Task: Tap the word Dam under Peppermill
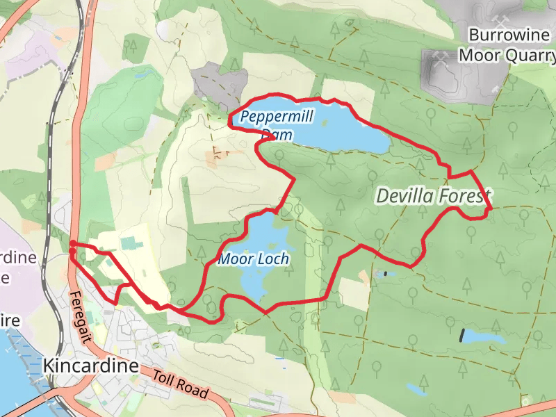[x=277, y=135]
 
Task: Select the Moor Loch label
[x=253, y=259]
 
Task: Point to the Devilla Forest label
[x=433, y=196]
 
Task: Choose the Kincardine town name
[x=90, y=366]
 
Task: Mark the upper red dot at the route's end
[x=73, y=243]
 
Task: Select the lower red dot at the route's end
[x=73, y=252]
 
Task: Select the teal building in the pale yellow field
[x=130, y=243]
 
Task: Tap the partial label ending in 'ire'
[x=10, y=322]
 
